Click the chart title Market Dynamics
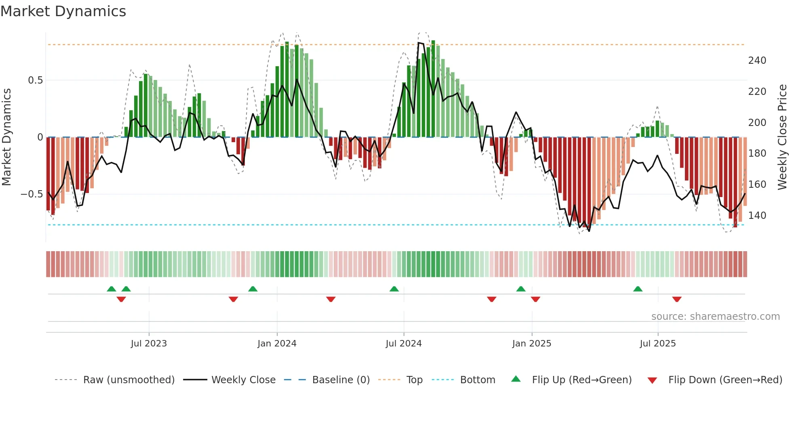coord(63,11)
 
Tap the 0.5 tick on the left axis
coord(35,80)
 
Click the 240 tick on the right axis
coord(757,61)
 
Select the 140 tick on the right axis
coord(757,216)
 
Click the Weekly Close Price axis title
coord(782,137)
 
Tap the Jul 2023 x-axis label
coord(149,344)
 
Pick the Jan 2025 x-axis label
coord(531,344)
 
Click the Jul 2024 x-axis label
coord(403,344)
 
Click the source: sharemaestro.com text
coord(715,317)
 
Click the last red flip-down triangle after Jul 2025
coord(677,299)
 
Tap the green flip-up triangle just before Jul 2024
coord(394,289)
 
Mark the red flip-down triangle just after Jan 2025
coord(535,299)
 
